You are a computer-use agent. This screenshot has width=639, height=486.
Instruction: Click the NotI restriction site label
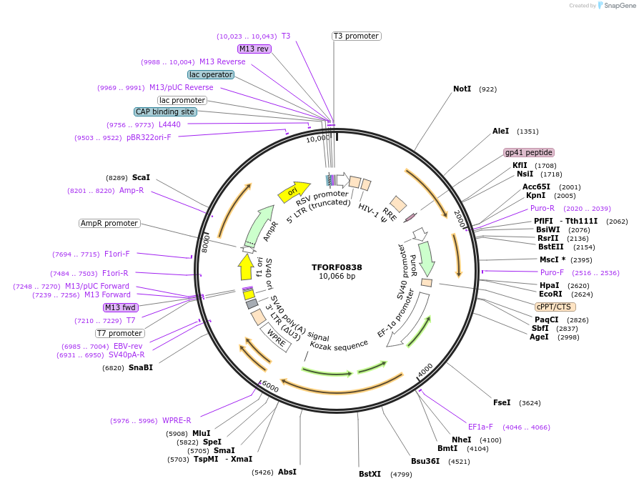coord(462,89)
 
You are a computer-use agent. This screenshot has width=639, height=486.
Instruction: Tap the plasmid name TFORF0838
coord(337,267)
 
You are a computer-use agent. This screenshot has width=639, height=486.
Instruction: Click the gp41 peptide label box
coord(529,152)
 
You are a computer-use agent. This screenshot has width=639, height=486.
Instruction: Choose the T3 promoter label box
coord(357,36)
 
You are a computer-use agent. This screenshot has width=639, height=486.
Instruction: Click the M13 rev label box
coord(254,49)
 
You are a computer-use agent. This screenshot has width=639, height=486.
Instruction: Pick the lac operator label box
coord(211,74)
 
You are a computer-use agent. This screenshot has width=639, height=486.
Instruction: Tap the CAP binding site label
coord(165,111)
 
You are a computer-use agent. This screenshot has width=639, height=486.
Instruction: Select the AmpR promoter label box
coord(109,223)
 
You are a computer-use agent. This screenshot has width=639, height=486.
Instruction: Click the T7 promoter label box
coord(120,333)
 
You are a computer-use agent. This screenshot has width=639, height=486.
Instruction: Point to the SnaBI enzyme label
coord(140,368)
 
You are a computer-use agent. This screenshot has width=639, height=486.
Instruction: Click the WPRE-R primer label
coord(177,421)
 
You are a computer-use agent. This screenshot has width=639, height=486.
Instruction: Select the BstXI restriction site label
coord(370,474)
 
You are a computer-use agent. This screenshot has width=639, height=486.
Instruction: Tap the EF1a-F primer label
coord(480,427)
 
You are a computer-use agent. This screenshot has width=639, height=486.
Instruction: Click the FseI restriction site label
coord(502,402)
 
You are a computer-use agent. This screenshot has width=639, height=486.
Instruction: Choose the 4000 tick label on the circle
coord(425,370)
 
